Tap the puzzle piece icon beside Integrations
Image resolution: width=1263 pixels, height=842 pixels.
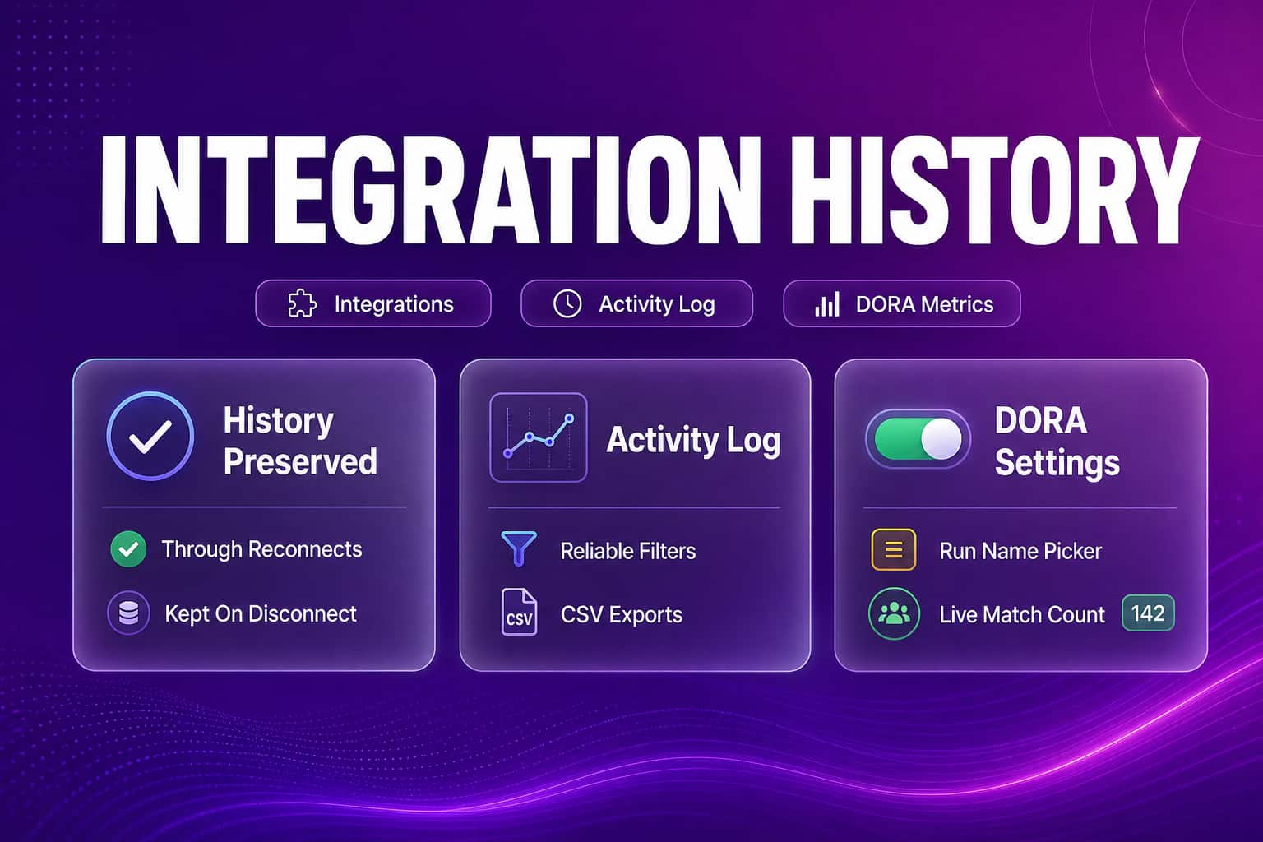click(x=303, y=304)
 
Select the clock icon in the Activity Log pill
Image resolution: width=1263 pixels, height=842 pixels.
click(x=567, y=304)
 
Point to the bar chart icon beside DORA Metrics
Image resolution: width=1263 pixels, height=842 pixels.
click(x=827, y=304)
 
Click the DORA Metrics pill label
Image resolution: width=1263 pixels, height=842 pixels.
click(x=925, y=304)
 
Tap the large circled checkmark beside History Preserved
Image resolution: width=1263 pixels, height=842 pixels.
click(x=150, y=436)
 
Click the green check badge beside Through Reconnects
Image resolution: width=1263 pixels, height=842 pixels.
click(x=128, y=548)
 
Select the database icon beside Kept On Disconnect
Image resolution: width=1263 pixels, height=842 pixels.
click(x=128, y=613)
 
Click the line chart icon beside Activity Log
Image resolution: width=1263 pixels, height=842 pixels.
click(x=539, y=437)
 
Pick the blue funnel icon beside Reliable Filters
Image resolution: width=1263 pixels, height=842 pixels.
click(x=519, y=548)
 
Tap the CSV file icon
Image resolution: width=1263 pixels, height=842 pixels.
click(x=519, y=612)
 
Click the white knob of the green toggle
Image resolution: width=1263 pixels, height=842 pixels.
click(x=941, y=439)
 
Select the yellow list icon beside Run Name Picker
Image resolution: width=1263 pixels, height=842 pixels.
click(x=894, y=549)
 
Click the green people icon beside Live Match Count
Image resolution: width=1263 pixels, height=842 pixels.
click(x=895, y=613)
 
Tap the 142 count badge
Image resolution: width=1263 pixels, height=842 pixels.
click(x=1148, y=613)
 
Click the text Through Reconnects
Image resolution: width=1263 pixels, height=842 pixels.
click(x=261, y=549)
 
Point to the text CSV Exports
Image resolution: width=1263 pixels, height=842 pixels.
click(x=622, y=614)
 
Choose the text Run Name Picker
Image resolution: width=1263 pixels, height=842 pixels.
click(x=1020, y=551)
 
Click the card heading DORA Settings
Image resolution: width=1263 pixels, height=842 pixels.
click(x=1057, y=442)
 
